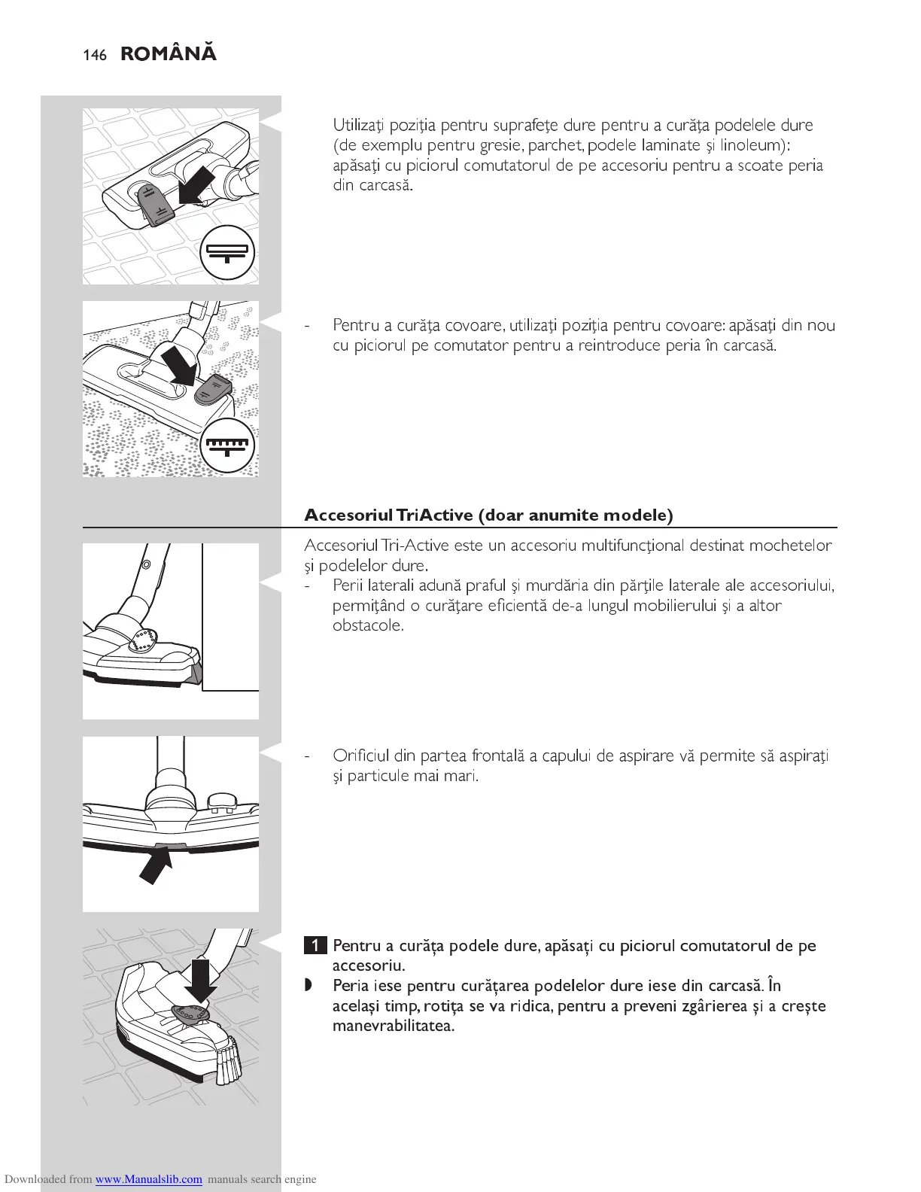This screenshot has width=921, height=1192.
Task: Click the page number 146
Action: click(95, 55)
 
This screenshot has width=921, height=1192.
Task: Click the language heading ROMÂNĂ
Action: click(169, 53)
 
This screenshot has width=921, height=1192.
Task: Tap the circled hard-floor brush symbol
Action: click(228, 252)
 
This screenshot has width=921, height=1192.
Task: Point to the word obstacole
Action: click(368, 625)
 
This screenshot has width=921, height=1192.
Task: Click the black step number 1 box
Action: click(315, 946)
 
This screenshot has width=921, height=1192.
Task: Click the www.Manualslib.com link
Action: click(149, 1179)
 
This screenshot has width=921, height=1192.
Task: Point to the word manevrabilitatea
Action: click(393, 1026)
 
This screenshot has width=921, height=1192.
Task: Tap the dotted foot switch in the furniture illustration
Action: click(143, 640)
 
